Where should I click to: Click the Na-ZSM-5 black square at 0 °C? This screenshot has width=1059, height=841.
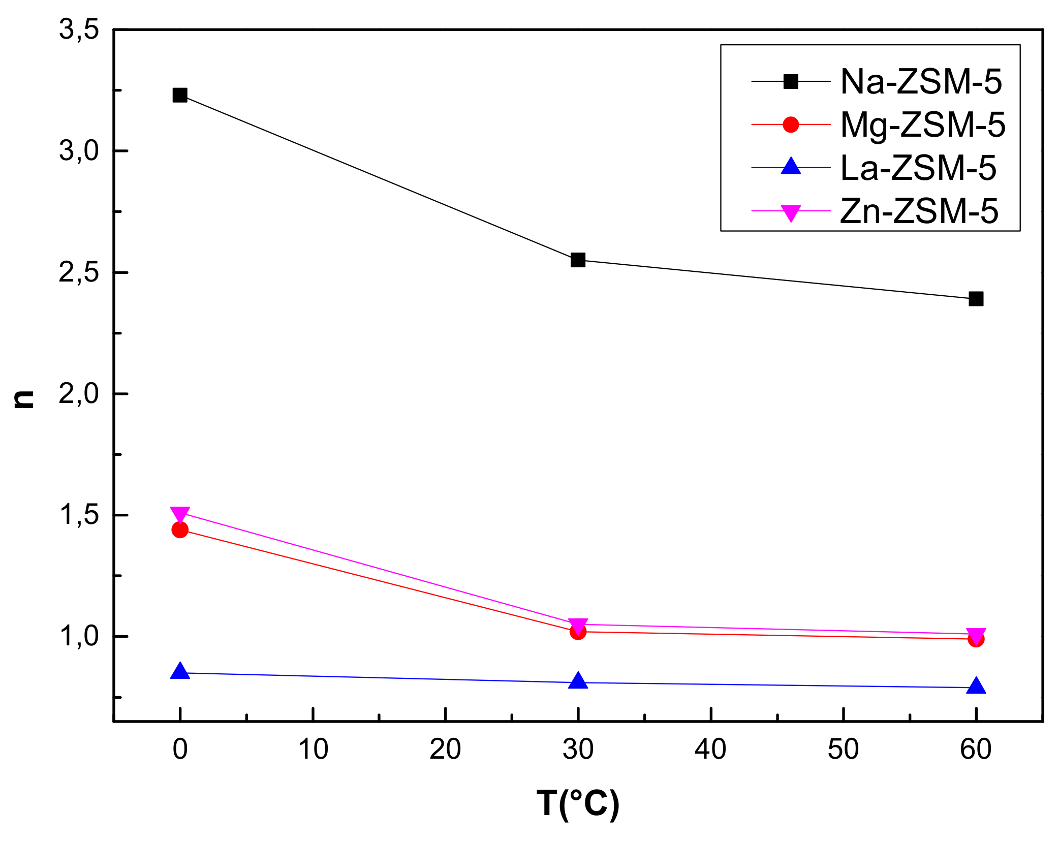[179, 95]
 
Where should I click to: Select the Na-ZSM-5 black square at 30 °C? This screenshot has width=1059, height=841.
[578, 260]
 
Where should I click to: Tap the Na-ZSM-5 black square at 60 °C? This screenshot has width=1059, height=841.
[976, 299]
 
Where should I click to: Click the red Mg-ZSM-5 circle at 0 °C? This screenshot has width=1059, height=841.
[179, 529]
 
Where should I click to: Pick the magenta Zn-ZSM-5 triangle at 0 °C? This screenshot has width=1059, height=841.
[179, 514]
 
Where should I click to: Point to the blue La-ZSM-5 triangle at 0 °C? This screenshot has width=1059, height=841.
[179, 672]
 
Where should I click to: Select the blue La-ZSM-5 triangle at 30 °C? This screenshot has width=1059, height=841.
[578, 681]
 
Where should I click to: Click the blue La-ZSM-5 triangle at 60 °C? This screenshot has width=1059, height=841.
[976, 687]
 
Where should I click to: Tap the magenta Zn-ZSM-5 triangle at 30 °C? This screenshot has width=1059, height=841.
[578, 625]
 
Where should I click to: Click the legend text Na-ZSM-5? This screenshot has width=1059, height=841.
[921, 81]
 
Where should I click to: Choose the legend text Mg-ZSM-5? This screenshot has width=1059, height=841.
[923, 124]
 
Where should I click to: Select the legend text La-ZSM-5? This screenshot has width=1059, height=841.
[918, 168]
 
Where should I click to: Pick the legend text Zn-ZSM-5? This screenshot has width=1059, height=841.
[919, 211]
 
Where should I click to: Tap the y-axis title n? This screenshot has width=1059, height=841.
[24, 399]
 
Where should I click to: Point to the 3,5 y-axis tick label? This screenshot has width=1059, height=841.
[79, 29]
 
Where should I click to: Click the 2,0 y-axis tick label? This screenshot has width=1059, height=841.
[79, 393]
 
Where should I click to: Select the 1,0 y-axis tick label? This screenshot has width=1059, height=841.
[79, 636]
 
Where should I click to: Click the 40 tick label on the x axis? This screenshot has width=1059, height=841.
[710, 749]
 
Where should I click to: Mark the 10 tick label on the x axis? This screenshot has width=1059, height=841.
[313, 749]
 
